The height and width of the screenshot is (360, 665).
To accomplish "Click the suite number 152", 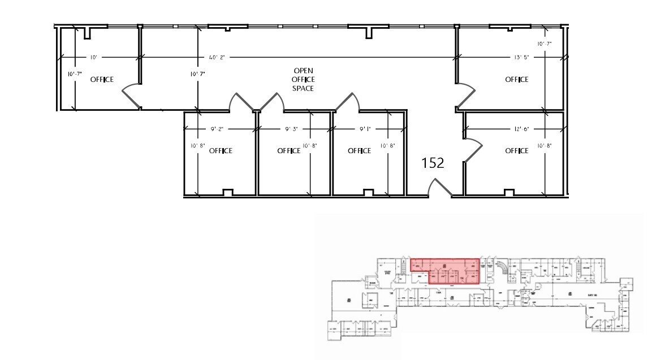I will coord(434,163).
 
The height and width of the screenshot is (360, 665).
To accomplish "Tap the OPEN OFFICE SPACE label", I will coord(303,80).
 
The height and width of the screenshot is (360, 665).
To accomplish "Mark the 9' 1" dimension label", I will coord(366,129).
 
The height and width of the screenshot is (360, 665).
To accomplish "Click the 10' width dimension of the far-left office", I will coord(94,57).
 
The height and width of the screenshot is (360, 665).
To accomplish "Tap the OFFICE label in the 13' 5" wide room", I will coord(516,80).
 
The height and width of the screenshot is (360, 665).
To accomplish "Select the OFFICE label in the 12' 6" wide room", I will coord(516,151).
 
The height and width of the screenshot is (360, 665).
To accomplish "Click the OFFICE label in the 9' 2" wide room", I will coord(221,151).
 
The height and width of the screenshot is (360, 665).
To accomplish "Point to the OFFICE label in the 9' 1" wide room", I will coord(359,151).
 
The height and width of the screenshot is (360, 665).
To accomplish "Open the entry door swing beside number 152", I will coord(440,188).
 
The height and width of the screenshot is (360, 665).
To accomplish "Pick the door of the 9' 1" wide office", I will coord(346,102).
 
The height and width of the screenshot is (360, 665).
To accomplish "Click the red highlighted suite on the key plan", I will coord(444,270).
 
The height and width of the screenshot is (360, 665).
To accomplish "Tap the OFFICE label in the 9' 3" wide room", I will coord(288,151).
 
